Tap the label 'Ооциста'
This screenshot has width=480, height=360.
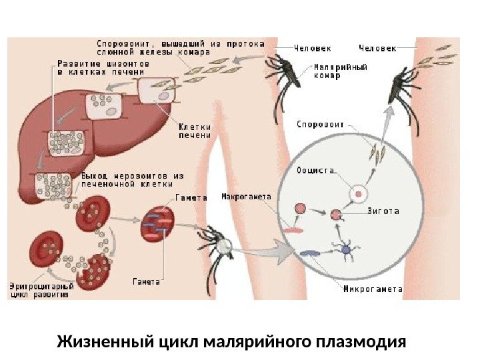[315, 171]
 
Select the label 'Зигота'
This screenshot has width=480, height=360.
[383, 211]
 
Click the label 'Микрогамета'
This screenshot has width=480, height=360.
[373, 289]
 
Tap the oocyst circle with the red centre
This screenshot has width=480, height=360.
[359, 195]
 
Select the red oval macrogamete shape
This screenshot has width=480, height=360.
[293, 229]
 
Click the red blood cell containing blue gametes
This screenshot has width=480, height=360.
[157, 223]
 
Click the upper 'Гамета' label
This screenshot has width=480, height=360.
[191, 198]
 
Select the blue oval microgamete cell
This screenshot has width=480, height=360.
[310, 253]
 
